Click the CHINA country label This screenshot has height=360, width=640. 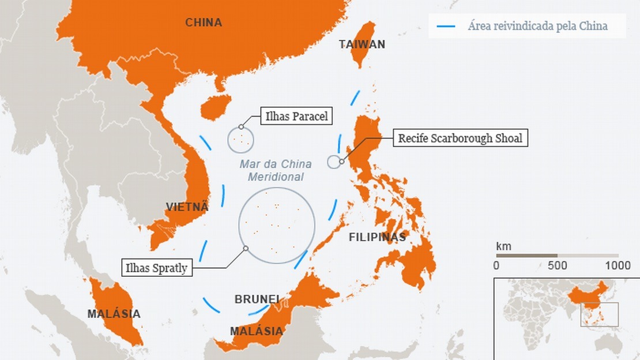[x=204, y=22]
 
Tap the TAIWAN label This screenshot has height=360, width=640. [x=362, y=44]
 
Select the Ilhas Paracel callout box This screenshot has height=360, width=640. [x=296, y=117]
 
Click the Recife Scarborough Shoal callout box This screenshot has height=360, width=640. [x=460, y=138]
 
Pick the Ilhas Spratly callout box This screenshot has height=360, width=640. [x=156, y=268]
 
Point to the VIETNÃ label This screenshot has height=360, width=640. [x=187, y=207]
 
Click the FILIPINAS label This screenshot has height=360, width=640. [x=377, y=237]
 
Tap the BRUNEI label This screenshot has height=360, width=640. [x=257, y=299]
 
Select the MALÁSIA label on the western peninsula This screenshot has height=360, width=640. [x=114, y=314]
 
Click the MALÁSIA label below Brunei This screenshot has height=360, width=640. [x=257, y=331]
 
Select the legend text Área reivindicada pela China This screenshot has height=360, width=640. [x=537, y=26]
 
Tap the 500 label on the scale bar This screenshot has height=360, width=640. [x=556, y=266]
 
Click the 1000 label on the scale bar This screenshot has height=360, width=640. [x=618, y=266]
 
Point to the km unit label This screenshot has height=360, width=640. [x=503, y=246]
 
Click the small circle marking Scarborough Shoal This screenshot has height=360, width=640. [x=334, y=162]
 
